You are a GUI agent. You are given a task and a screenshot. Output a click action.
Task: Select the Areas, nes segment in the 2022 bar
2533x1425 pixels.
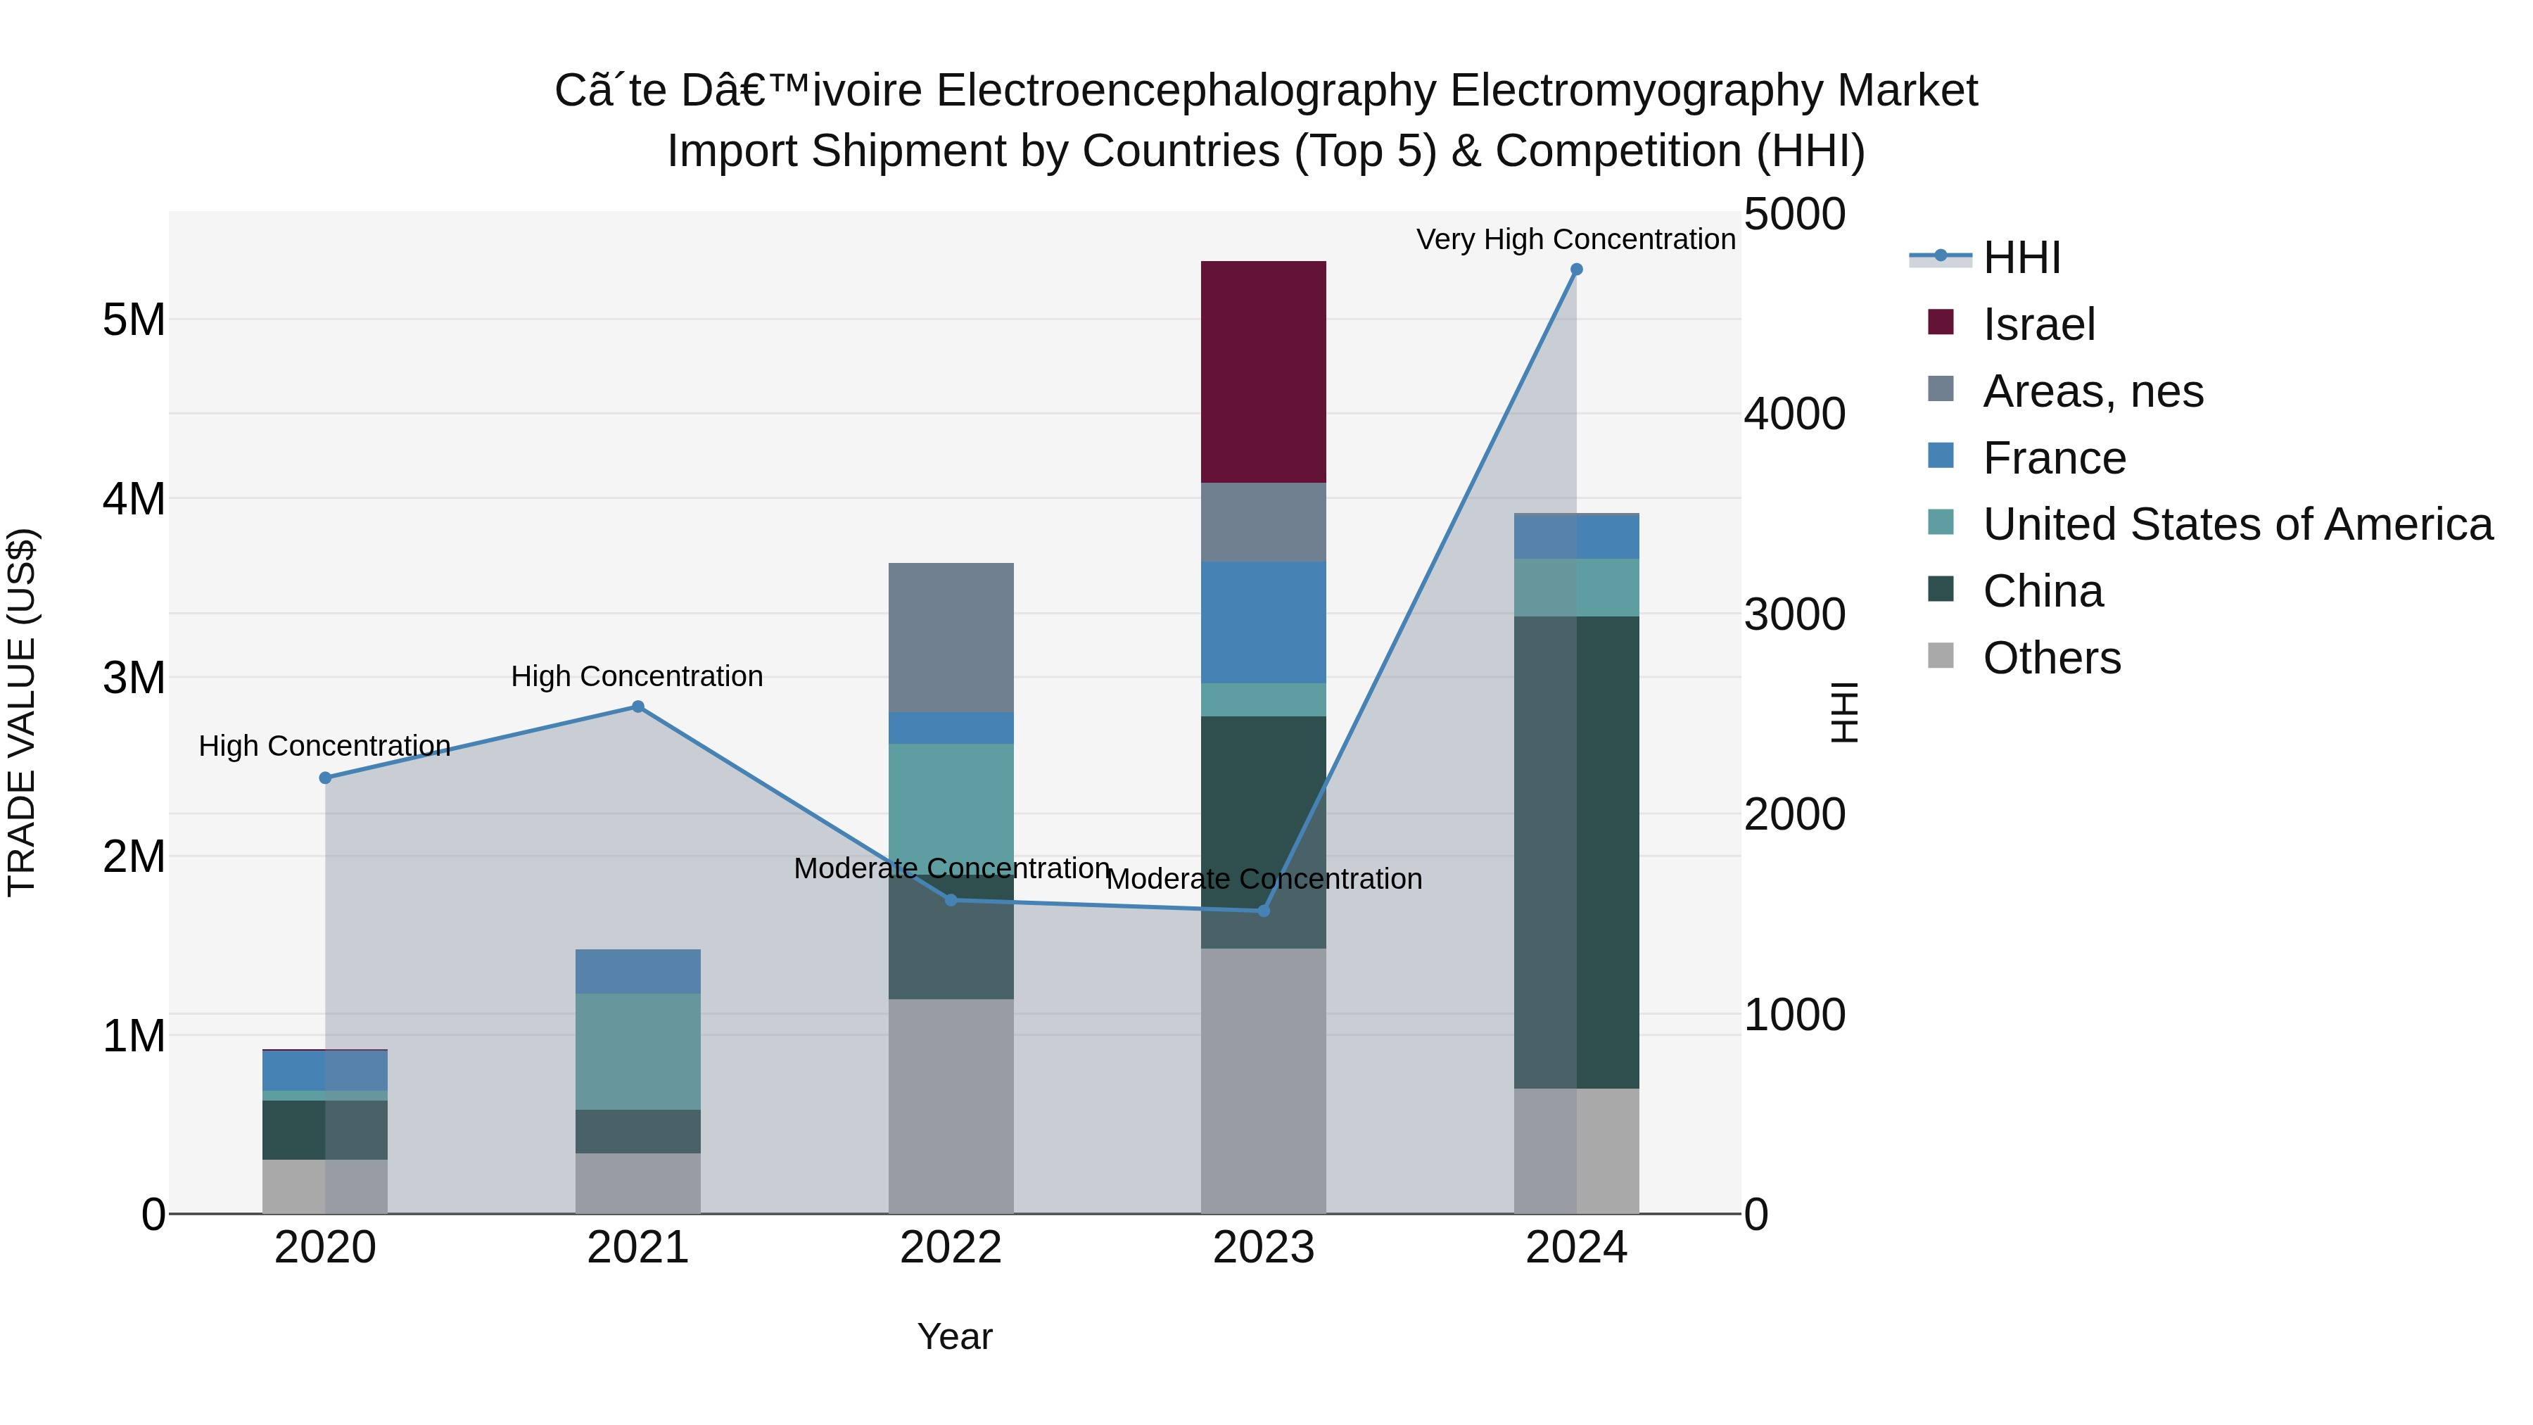coord(951,638)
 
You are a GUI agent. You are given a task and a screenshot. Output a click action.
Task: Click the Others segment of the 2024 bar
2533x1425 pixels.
coord(1576,1150)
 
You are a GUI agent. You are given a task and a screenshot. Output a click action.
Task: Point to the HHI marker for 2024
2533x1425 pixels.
coord(1576,270)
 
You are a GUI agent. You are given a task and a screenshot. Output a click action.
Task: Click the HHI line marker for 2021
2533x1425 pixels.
coord(637,706)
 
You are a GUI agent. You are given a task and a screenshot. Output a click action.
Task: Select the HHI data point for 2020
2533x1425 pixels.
coord(326,777)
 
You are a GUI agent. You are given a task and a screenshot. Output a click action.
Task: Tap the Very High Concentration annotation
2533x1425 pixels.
coord(1575,239)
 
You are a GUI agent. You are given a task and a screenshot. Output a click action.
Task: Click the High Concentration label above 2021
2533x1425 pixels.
coord(637,676)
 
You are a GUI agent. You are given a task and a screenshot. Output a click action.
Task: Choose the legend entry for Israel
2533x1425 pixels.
coord(2038,324)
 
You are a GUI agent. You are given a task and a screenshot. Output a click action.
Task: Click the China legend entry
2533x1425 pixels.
coord(2043,591)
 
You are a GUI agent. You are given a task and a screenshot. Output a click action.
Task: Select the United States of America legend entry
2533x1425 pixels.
coord(2237,524)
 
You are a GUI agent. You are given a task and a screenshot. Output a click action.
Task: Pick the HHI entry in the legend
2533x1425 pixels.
coord(2021,258)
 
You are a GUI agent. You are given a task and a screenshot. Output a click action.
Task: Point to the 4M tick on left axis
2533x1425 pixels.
coord(134,499)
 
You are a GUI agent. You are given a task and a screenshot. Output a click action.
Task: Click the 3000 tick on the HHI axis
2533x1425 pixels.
coord(1794,614)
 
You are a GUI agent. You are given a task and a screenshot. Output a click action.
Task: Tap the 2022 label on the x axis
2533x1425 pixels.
coord(951,1248)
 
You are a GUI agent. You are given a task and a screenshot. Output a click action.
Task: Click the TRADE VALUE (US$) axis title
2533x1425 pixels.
coord(22,712)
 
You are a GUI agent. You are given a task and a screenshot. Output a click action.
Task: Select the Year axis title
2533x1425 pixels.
coord(955,1336)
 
